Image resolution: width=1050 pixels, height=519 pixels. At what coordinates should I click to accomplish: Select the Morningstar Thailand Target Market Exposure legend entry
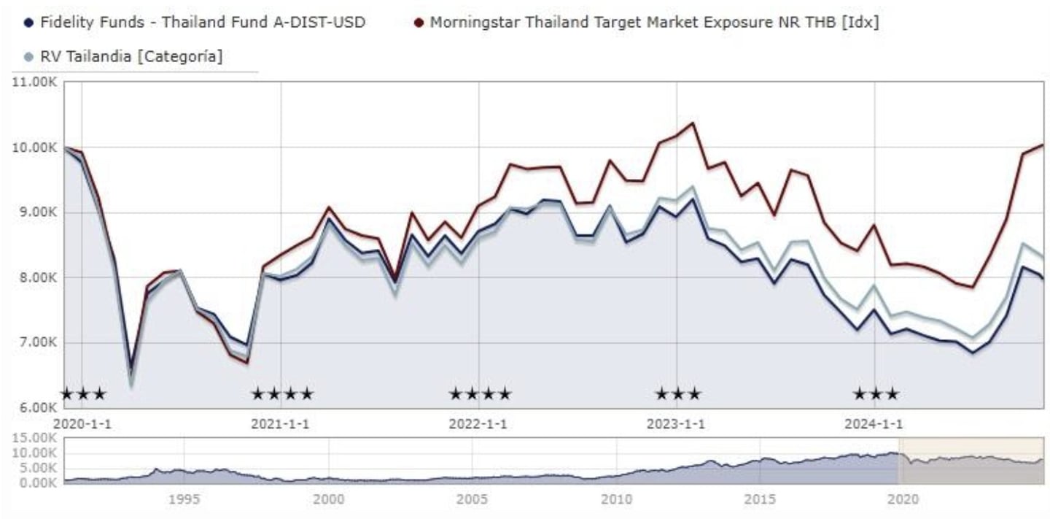(653, 22)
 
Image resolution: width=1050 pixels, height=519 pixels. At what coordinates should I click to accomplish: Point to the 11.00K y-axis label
(35, 82)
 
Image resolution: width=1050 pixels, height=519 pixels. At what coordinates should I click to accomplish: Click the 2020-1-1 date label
(82, 424)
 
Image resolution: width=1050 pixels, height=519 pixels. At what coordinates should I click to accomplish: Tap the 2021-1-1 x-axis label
(280, 424)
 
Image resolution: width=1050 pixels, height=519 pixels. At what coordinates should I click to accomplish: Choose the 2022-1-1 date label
(478, 424)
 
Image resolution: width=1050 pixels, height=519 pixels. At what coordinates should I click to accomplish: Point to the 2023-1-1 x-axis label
(676, 424)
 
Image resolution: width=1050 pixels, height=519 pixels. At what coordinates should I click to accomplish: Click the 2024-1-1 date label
(874, 424)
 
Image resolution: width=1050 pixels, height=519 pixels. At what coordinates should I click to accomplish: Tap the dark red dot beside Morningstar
(419, 22)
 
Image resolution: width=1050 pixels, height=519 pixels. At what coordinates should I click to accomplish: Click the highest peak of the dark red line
(692, 123)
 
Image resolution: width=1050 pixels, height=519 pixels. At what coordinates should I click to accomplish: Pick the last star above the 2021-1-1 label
(307, 395)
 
